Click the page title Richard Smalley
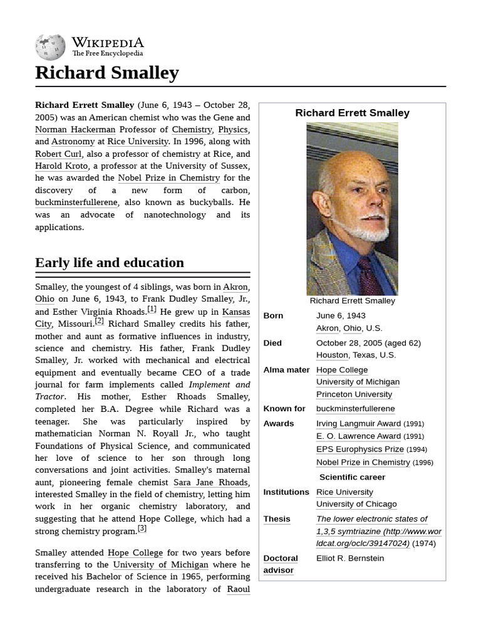107,73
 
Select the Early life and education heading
110,263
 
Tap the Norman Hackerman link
75,130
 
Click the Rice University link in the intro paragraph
138,142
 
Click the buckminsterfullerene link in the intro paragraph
76,203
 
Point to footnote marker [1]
152,309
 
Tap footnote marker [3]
142,528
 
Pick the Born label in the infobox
273,315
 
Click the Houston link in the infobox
332,355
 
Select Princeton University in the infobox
354,394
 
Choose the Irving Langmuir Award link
358,424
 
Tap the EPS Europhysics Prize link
359,449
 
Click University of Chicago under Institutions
356,504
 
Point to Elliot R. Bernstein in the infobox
350,558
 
